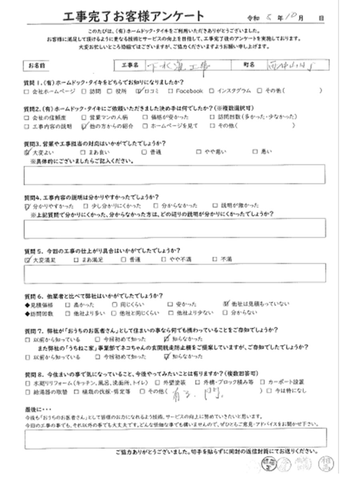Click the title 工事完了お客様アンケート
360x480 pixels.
134,16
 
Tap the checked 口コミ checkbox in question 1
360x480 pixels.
139,91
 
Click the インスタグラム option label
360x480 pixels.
234,91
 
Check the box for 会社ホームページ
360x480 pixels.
26,91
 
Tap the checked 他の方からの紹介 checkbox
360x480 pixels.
83,126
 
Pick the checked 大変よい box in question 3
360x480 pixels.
27,152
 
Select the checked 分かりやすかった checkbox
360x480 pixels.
27,206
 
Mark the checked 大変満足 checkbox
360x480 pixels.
27,260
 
